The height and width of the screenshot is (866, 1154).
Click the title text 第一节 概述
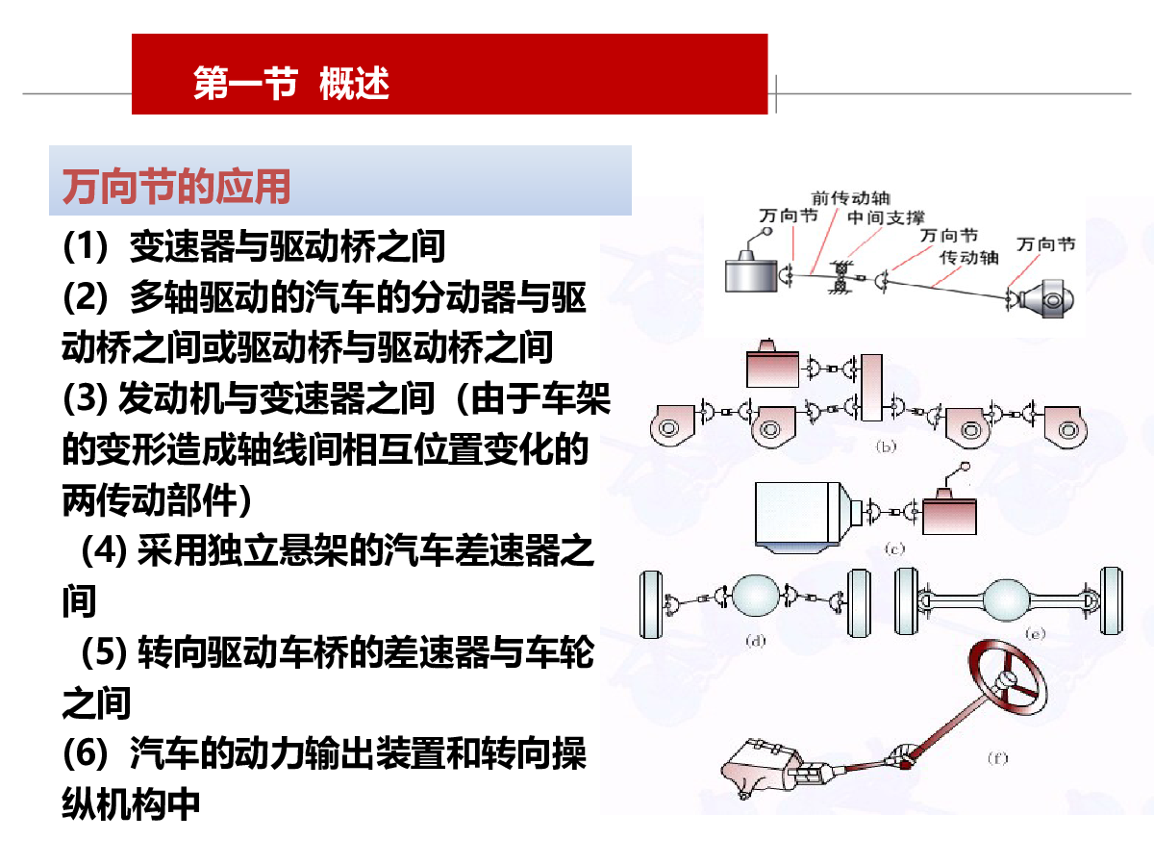290,84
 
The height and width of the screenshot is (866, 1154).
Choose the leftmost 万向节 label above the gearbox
788,216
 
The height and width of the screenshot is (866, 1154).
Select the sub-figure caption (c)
894,549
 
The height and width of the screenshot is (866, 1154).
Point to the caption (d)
755,640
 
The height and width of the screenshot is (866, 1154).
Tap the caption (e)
1035,633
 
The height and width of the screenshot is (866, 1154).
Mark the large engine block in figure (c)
798,513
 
